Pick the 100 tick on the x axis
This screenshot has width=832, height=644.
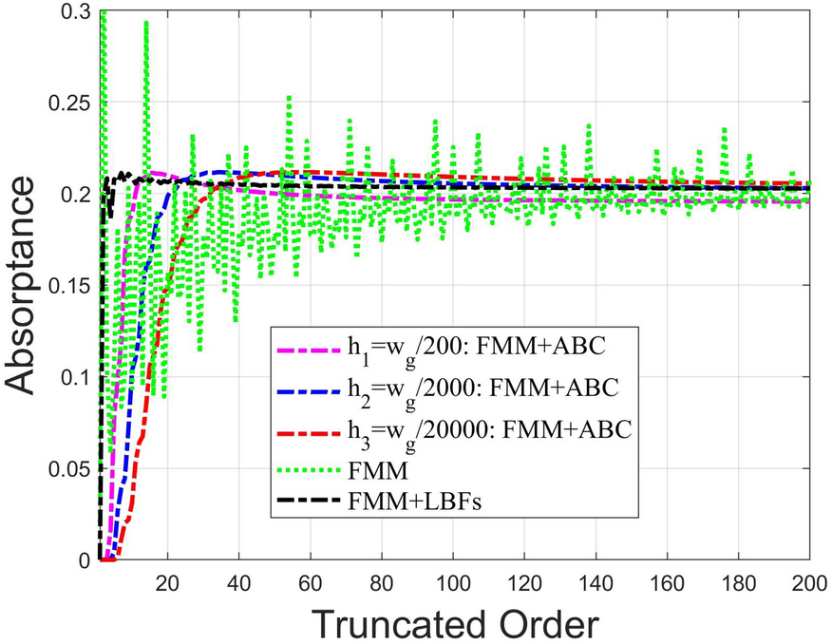coord(453,580)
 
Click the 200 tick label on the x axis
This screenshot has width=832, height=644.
coord(808,580)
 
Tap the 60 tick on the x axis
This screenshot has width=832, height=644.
coord(311,580)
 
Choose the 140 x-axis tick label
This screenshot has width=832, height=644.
coord(596,580)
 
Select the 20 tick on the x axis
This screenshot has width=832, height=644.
coord(169,580)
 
